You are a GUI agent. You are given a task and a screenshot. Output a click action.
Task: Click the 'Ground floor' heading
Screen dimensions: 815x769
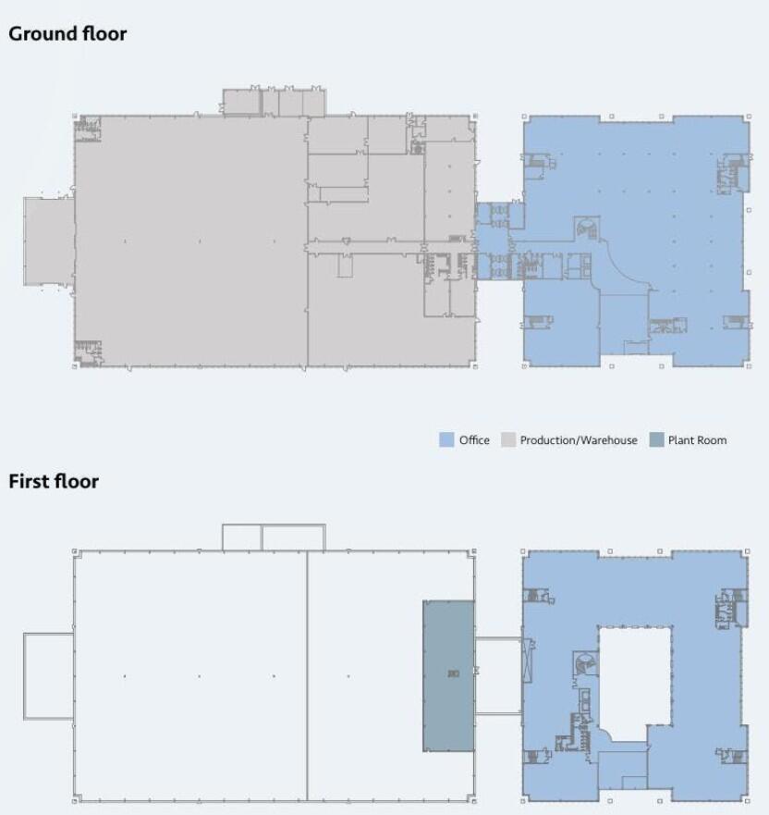67,33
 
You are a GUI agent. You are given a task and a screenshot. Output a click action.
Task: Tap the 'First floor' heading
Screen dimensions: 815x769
54,481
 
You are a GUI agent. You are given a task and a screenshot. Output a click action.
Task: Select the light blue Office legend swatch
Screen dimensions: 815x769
447,440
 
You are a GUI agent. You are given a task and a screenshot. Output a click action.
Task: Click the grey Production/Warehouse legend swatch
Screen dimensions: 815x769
508,440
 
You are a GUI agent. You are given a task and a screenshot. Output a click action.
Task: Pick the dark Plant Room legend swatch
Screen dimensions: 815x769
656,440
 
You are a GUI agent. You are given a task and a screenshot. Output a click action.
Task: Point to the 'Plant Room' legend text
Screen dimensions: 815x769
697,440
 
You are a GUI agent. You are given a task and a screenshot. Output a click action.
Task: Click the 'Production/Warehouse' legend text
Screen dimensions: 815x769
579,440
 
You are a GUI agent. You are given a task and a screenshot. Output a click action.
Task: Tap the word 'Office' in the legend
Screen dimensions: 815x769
474,440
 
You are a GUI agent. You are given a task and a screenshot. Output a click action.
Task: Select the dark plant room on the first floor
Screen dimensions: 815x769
448,675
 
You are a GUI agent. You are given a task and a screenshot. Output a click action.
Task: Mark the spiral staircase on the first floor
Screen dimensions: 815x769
583,663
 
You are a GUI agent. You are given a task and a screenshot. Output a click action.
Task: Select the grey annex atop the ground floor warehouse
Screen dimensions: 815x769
274,102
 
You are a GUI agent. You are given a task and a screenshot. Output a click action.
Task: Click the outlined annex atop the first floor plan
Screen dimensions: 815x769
274,537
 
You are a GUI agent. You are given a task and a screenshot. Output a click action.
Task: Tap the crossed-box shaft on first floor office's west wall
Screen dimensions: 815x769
528,661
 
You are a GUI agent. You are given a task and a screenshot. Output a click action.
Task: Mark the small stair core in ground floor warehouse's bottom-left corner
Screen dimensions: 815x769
89,352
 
